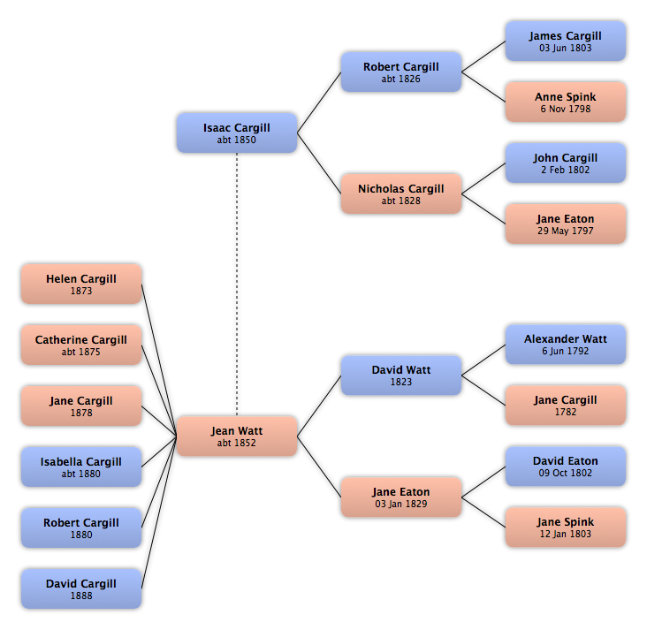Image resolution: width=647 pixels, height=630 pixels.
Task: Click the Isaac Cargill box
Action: point(237,133)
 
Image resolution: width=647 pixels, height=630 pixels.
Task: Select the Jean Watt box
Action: point(237,436)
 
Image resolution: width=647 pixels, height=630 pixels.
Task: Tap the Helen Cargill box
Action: point(81,285)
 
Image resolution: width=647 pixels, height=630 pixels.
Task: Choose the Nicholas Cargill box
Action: point(401,194)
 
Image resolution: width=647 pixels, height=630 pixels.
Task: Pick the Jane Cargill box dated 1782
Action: point(566,406)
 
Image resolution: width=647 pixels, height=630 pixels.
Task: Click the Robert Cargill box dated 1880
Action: point(81,528)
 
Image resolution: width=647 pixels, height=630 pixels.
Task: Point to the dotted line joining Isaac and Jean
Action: point(237,285)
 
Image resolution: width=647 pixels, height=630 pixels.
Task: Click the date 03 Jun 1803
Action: point(566,48)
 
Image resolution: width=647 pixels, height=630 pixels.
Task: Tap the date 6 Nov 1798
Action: point(566,109)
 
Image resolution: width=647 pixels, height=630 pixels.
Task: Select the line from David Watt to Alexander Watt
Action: point(483,361)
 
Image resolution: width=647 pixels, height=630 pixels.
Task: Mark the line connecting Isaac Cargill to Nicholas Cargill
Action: point(319,163)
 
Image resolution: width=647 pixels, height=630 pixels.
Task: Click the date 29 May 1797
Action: point(566,231)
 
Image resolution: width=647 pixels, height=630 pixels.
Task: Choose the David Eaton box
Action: point(566,467)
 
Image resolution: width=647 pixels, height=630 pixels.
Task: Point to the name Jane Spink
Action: point(566,522)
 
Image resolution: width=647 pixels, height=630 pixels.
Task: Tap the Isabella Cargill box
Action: point(81,467)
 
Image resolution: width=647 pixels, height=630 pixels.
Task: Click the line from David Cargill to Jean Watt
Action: point(159,512)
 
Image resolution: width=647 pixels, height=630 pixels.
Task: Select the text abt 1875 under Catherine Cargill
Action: point(81,352)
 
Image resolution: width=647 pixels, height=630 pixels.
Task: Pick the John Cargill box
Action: point(566,163)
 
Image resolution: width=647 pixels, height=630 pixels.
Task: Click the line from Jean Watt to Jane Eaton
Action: point(319,467)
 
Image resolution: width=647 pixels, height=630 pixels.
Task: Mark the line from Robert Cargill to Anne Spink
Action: point(483,87)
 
